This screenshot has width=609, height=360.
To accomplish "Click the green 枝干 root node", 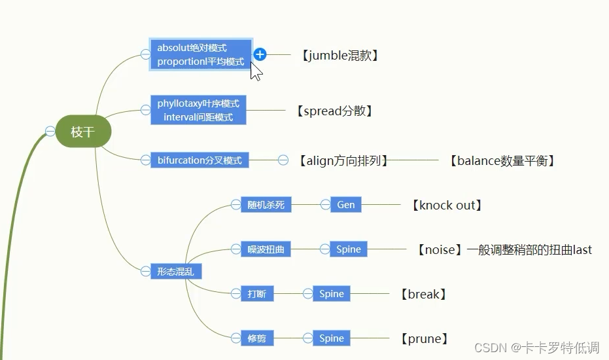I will coord(83,132).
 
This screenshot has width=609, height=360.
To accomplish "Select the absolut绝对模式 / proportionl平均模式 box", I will coord(201,55).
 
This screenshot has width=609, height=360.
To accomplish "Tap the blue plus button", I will coord(260,54).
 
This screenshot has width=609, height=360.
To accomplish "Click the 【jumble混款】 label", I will coord(340,56).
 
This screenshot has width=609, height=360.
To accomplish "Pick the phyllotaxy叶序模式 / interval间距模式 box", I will coord(198,110).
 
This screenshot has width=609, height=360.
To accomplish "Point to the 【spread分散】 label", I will coord(334,111).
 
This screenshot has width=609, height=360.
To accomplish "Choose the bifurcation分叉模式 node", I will coord(200,160).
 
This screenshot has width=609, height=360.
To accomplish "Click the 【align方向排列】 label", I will coord(343,160).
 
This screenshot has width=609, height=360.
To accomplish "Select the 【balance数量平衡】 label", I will coord(502,160).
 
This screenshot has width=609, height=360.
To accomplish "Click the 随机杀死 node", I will coord(266,205).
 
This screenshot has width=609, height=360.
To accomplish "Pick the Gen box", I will coord(346,205).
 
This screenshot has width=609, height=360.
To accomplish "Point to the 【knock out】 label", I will coord(447,205).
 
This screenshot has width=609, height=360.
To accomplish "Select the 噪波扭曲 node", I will coord(266,249).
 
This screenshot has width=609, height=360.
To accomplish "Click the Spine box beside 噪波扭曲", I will coord(349,249).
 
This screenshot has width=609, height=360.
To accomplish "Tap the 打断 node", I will coord(257,294).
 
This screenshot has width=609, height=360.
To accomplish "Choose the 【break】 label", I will coord(423,294).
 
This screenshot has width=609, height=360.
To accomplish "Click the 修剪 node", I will coord(257,338).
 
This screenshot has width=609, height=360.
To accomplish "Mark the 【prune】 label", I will coord(424,338).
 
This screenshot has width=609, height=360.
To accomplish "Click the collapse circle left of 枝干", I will coord(50,132).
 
